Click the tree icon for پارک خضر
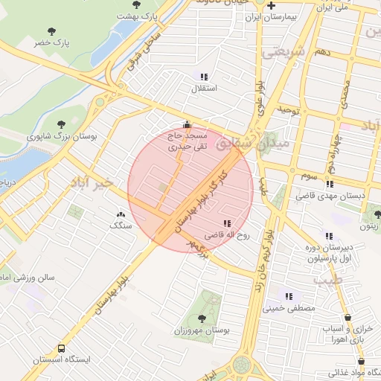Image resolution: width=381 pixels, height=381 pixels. pyautogui.click(x=51, y=31)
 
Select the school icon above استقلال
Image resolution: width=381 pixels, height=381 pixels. pyautogui.click(x=204, y=77)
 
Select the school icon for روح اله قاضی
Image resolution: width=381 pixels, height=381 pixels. pyautogui.click(x=226, y=222)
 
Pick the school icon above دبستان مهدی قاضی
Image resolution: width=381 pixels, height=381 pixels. pyautogui.click(x=329, y=184)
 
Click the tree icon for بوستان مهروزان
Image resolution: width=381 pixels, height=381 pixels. pyautogui.click(x=206, y=316)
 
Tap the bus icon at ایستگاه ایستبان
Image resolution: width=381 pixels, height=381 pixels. pyautogui.click(x=61, y=348)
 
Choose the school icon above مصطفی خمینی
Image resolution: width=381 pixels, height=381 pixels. pyautogui.click(x=288, y=296)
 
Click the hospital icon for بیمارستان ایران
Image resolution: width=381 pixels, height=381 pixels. pyautogui.click(x=272, y=5)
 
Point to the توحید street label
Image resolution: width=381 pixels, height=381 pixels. pyautogui.click(x=288, y=109)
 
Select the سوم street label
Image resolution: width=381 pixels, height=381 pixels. pyautogui.click(x=309, y=177)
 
